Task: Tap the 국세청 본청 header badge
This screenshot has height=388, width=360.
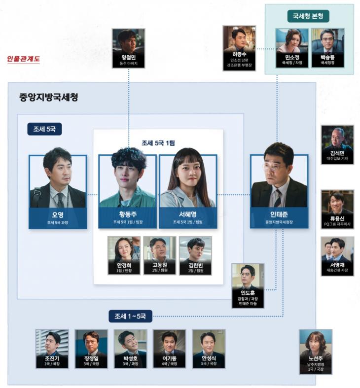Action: (x=308, y=16)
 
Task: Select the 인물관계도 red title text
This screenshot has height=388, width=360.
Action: (x=23, y=60)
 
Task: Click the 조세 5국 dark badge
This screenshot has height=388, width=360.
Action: (x=44, y=129)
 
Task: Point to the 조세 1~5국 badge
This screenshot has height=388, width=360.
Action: (x=130, y=316)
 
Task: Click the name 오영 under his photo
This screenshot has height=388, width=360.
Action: (x=58, y=215)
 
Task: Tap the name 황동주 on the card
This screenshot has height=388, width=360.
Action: (x=128, y=215)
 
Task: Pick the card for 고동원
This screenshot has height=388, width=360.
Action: (x=159, y=255)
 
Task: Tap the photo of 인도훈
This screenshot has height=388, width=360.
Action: (x=248, y=276)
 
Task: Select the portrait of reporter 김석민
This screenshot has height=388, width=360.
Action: (x=337, y=139)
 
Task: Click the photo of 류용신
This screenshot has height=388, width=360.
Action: (x=337, y=202)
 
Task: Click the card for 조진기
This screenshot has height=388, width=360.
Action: (x=52, y=349)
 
